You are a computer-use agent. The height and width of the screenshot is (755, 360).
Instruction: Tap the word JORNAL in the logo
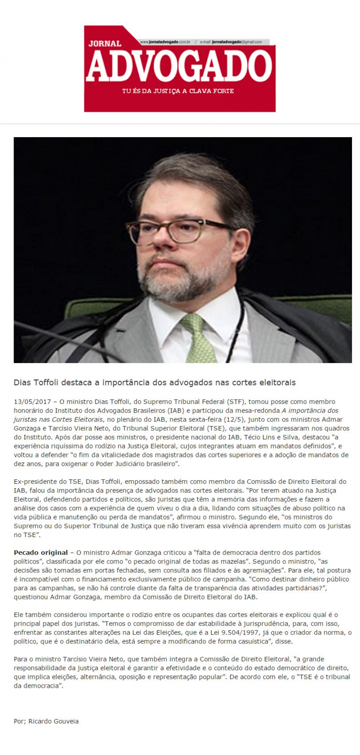(104, 43)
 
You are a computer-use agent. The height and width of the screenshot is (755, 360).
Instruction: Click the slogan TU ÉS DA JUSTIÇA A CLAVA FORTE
(178, 91)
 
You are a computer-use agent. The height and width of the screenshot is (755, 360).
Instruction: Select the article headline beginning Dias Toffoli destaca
(154, 383)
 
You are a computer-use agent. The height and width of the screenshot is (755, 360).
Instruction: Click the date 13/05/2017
(32, 401)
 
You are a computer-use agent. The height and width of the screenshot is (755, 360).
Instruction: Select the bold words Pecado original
(40, 553)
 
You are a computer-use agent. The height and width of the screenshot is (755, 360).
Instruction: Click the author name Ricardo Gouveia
(54, 721)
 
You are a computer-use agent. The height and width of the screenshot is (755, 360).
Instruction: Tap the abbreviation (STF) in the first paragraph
(236, 401)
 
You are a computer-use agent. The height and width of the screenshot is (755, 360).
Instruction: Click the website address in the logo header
(165, 42)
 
